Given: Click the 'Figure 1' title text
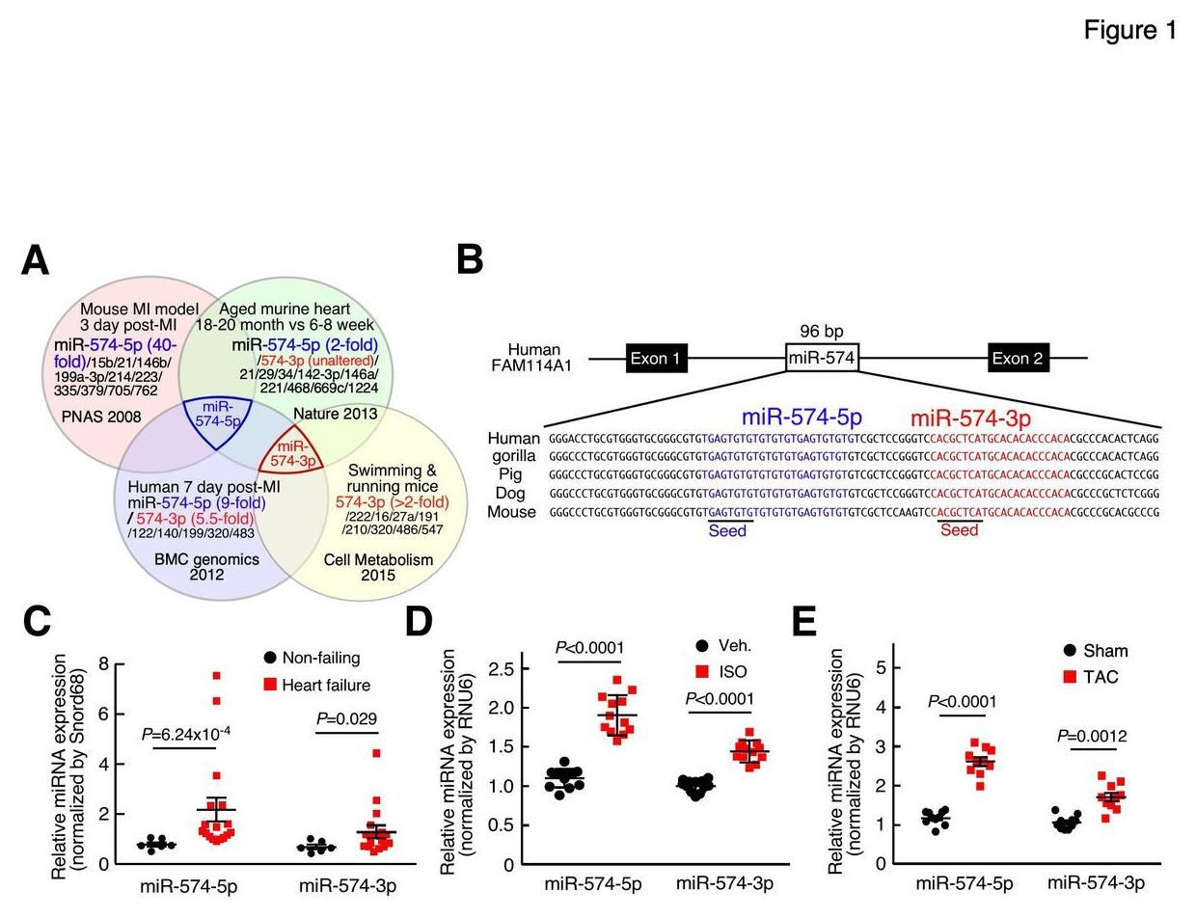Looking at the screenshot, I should (x=1129, y=30).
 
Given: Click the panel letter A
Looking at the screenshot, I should (x=36, y=260).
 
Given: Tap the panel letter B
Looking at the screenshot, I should (x=470, y=260).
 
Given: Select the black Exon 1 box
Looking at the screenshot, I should (x=657, y=359).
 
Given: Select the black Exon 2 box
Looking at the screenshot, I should (x=1019, y=359).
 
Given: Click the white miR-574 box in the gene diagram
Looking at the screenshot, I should (x=822, y=359).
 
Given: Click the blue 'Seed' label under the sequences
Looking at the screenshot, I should (x=727, y=530).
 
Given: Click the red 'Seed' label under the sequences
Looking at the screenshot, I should (x=959, y=530).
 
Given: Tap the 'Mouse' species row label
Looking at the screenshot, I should (x=511, y=512).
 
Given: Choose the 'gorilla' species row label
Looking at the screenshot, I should (x=513, y=456).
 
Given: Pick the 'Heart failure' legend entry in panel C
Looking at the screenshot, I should (x=326, y=685).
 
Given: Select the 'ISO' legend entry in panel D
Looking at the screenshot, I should (x=733, y=672).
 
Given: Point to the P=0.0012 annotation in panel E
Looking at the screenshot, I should (x=1092, y=737).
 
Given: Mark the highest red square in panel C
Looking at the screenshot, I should (x=217, y=676).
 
